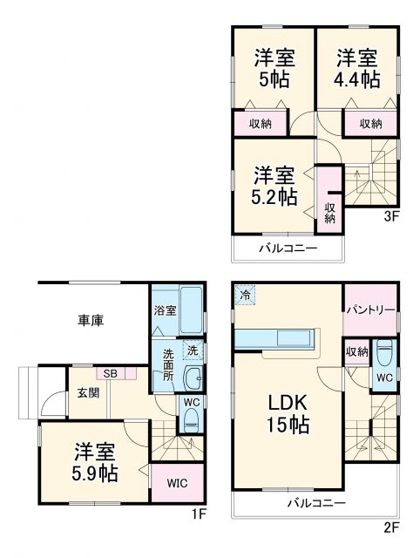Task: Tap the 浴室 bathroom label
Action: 165,310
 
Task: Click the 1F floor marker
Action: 200,514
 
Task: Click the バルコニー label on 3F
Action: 287,248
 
